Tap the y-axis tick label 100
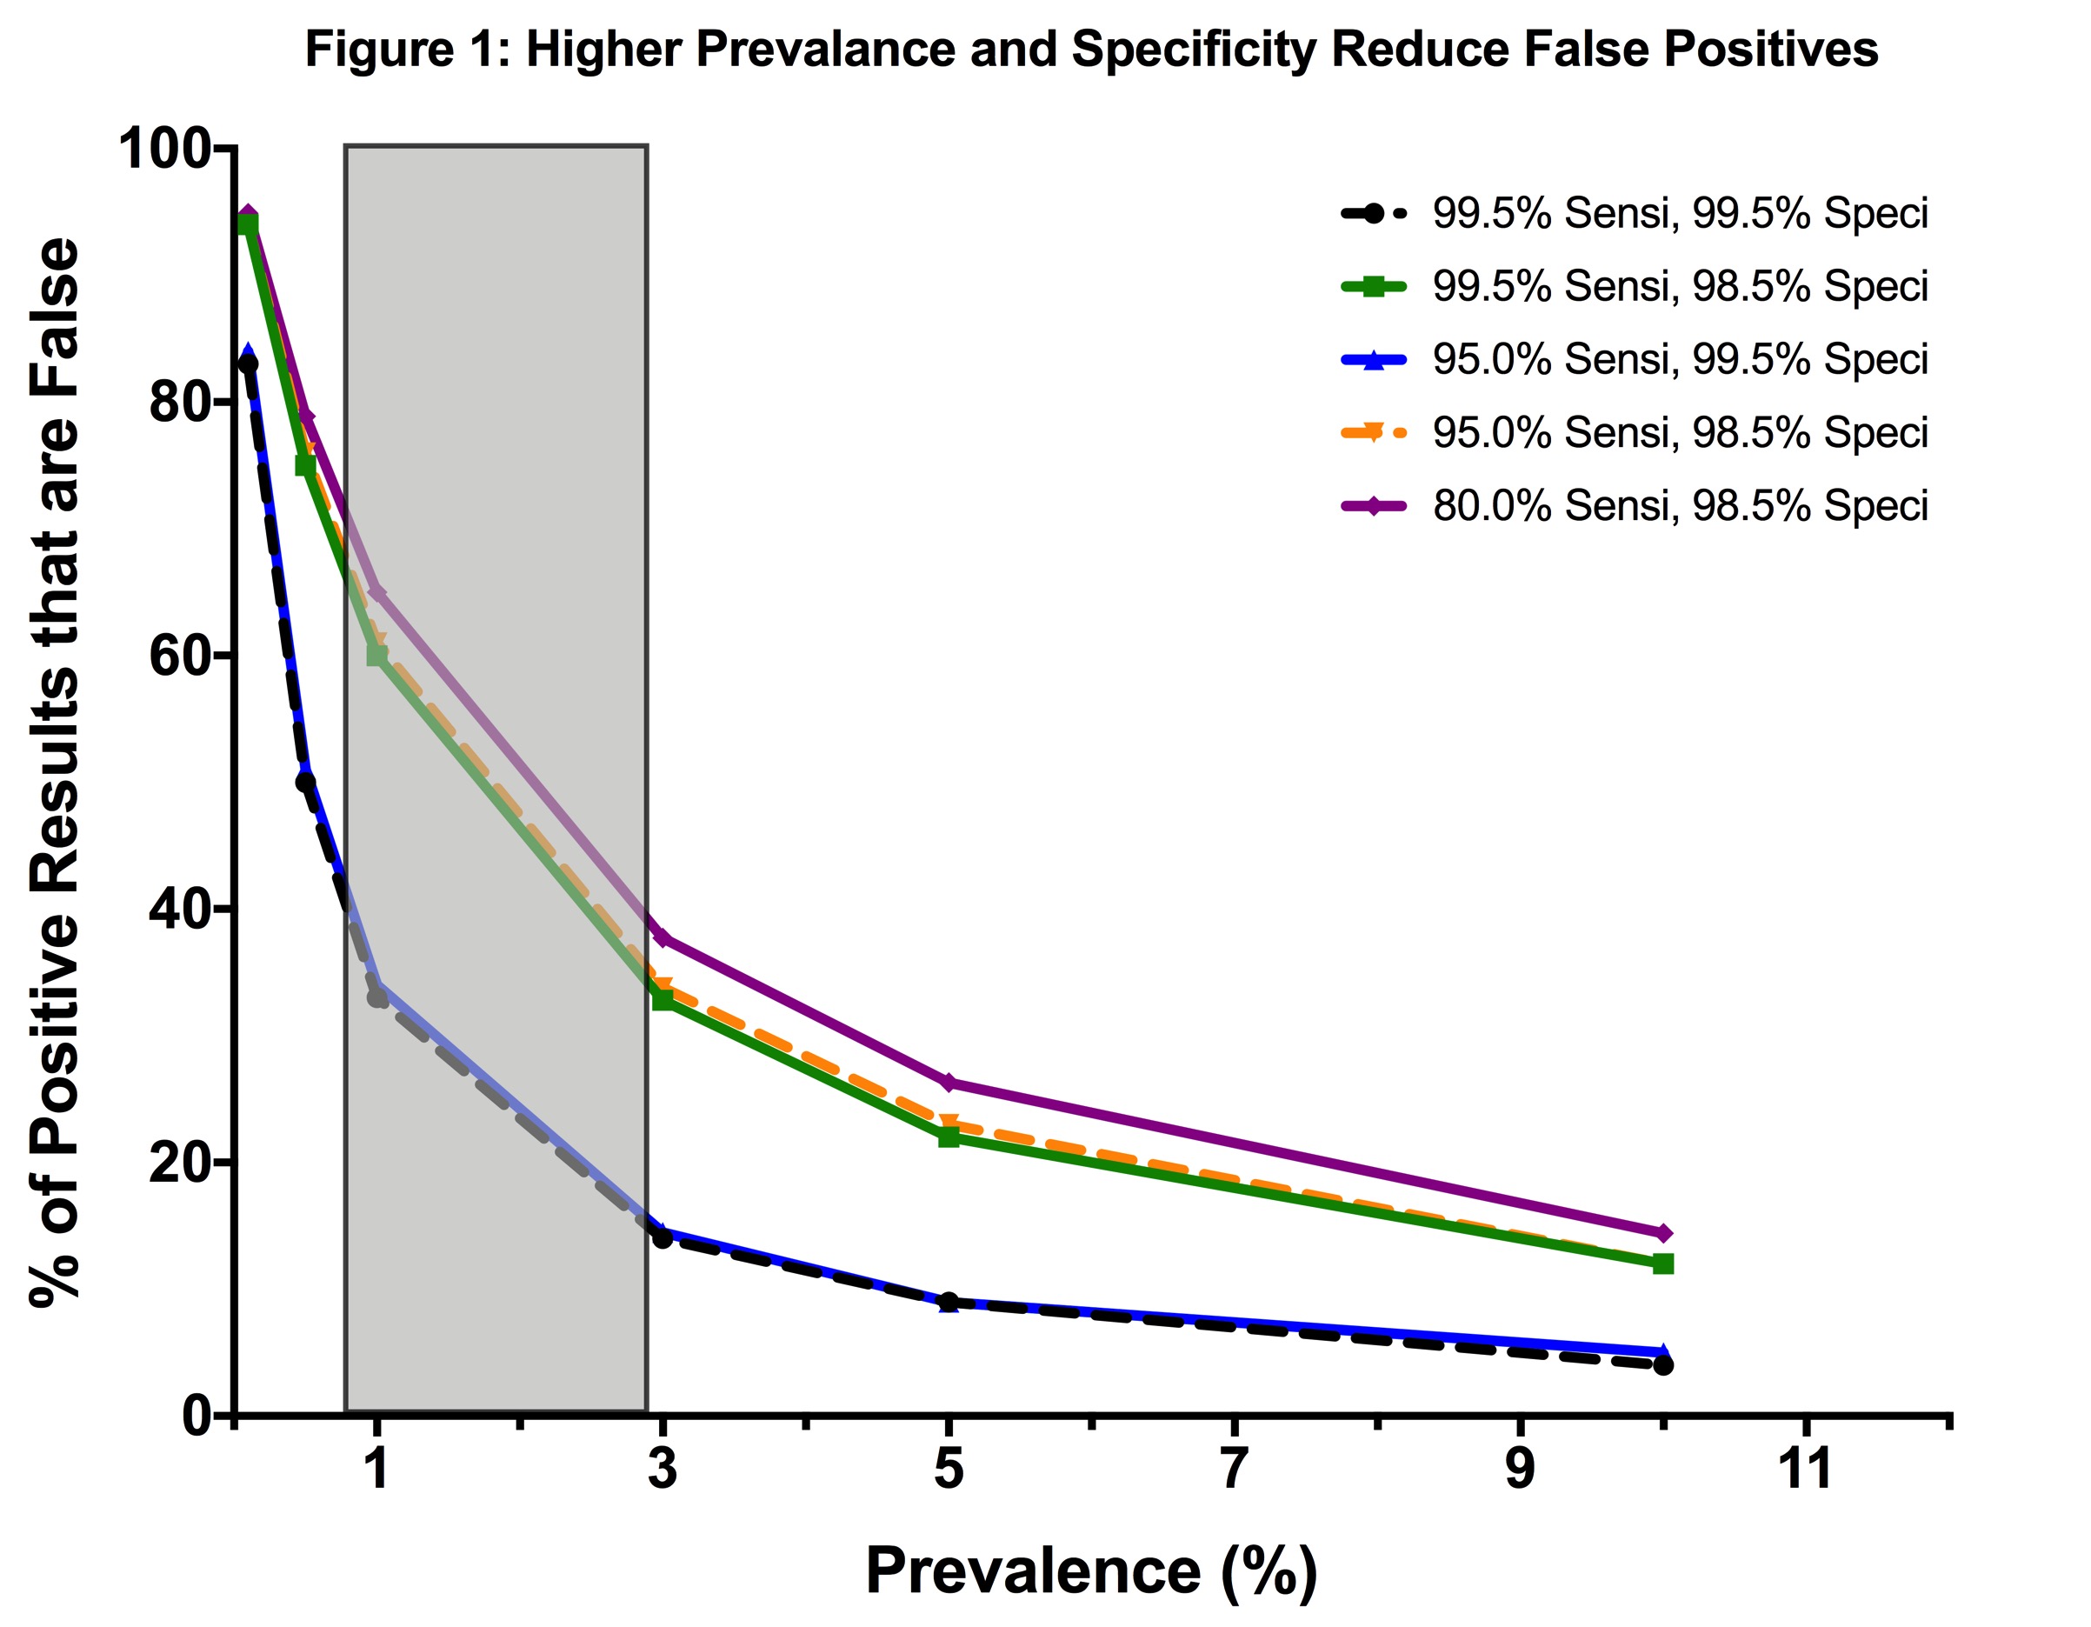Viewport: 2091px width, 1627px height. (x=163, y=150)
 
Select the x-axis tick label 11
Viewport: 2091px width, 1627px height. (x=1805, y=1467)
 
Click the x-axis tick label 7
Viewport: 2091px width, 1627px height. (x=1233, y=1467)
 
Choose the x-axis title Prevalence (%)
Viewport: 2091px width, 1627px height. (x=1091, y=1571)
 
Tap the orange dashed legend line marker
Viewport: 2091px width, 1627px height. (x=1373, y=432)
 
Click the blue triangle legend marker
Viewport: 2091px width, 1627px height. (x=1373, y=360)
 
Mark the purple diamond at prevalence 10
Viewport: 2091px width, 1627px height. (x=1663, y=1232)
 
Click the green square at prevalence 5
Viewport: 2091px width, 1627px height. (x=948, y=1137)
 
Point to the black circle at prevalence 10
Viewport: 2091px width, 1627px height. (x=1663, y=1364)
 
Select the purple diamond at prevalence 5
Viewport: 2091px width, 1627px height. (x=948, y=1082)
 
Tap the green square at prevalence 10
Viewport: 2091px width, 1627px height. (x=1663, y=1264)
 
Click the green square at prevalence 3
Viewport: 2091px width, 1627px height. (x=662, y=1000)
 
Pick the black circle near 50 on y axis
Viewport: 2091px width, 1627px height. (x=305, y=782)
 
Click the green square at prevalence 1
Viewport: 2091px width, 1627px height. (x=377, y=655)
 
